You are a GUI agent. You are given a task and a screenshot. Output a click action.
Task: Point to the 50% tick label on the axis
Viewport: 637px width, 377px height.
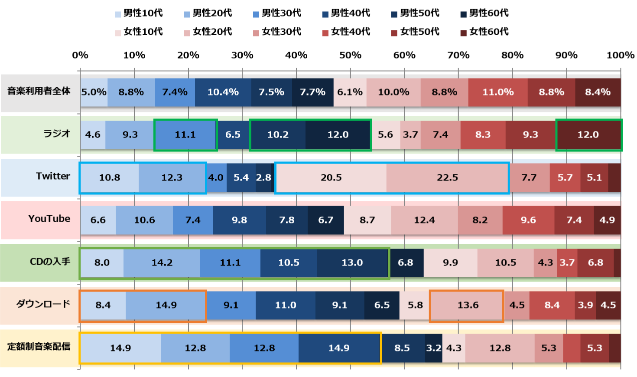pos(350,55)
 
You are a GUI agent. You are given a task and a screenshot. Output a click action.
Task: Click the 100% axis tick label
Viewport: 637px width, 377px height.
pos(620,55)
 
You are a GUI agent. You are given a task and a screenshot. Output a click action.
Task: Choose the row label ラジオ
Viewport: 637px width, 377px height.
pos(56,134)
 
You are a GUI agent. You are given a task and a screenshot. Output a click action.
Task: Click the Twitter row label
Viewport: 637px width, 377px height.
pos(53,176)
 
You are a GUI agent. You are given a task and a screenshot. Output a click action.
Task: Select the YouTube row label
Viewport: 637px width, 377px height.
pos(49,219)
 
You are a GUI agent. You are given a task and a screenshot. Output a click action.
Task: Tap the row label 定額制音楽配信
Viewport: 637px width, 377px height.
pos(39,347)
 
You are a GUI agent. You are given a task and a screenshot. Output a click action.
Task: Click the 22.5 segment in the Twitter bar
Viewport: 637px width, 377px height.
pos(447,177)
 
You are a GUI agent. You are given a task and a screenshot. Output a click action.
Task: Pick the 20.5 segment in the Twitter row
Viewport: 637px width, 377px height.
pos(331,177)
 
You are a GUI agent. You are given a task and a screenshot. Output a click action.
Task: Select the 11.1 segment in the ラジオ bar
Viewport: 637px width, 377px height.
pos(185,135)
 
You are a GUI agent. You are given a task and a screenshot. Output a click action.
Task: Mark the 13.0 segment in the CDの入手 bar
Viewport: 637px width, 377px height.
pos(352,262)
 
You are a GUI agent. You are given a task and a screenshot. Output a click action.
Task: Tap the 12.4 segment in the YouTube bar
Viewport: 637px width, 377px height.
pos(424,220)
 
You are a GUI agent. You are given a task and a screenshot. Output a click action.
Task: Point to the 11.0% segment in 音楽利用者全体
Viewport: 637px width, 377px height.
pos(498,92)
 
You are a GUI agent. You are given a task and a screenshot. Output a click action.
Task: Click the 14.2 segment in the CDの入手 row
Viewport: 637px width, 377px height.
pos(162,262)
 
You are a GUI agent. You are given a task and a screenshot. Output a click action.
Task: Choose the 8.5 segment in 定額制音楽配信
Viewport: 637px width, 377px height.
pos(402,348)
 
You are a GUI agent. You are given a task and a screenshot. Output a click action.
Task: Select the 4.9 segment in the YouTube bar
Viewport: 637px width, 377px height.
pos(607,220)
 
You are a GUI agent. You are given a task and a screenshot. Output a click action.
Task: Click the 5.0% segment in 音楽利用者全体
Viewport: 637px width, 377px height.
pos(94,92)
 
